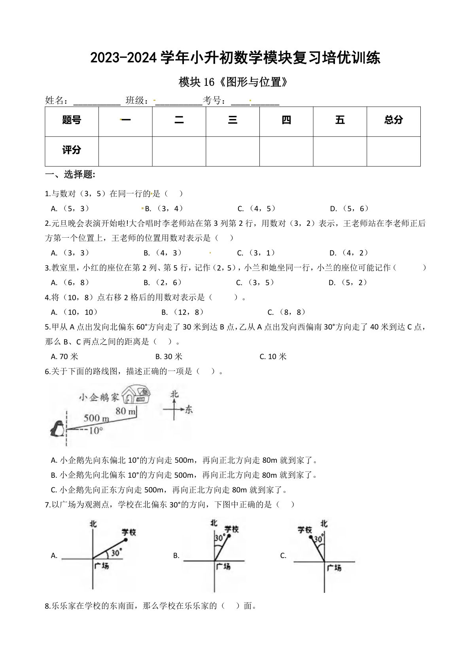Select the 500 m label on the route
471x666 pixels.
[96, 418]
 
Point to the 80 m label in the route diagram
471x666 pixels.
[125, 411]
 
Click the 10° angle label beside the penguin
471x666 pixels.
[95, 431]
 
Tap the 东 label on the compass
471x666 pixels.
[189, 410]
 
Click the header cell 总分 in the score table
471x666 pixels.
[393, 120]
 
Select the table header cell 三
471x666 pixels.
[233, 120]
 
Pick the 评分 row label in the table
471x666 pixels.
[72, 150]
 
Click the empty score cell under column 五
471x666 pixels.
[340, 151]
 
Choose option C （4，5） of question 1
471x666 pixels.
[257, 208]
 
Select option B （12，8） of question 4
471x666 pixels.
[182, 312]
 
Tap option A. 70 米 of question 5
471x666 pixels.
[65, 356]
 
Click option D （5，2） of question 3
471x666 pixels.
[348, 282]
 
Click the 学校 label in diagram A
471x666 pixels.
[129, 532]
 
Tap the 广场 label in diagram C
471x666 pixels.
[334, 568]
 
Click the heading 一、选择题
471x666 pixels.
[70, 174]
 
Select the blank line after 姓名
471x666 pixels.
[97, 101]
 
